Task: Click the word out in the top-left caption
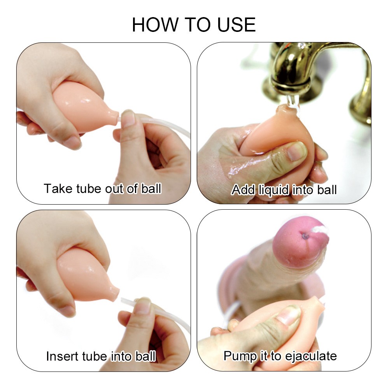click(116, 189)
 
